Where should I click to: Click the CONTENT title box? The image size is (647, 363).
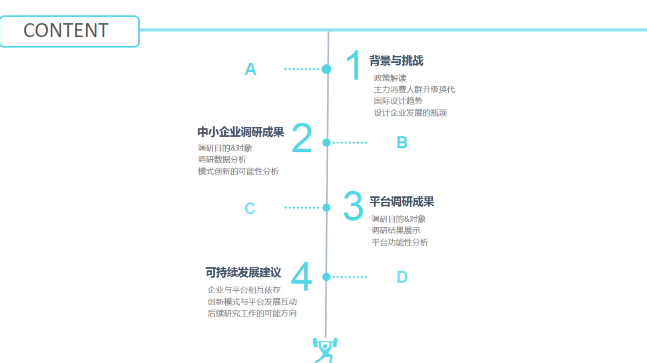70,31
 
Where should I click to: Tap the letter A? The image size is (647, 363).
250,69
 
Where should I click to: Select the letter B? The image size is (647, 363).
402,143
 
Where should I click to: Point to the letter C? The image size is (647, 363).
250,208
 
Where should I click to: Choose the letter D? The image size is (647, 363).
402,277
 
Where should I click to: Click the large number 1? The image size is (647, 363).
353,65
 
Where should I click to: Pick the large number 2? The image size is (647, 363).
302,138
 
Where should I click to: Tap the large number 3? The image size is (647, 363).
353,205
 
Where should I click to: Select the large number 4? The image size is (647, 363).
302,276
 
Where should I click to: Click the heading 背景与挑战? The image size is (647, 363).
396,61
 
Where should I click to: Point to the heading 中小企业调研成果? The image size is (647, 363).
240,132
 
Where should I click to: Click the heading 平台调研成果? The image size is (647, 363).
402,202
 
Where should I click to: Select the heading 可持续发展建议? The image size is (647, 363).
243,272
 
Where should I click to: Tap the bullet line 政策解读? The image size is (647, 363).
390,78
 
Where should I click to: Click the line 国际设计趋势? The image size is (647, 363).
398,101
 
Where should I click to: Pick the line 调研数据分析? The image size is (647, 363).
222,160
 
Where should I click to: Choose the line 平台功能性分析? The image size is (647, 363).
400,242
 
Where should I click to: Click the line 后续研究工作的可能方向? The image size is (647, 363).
252,313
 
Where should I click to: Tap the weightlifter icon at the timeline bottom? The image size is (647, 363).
325,350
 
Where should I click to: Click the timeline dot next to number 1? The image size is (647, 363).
326,69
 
